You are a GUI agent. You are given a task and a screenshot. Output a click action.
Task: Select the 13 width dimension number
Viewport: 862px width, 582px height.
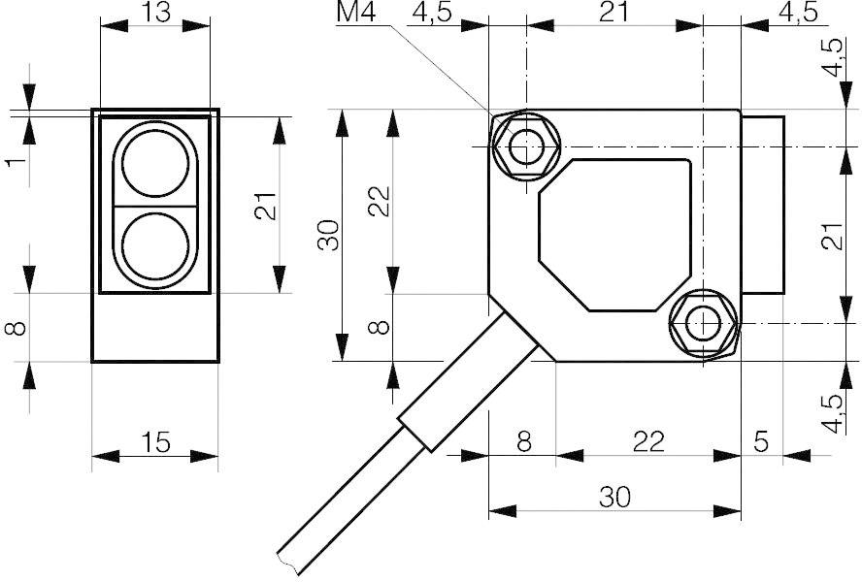tap(154, 13)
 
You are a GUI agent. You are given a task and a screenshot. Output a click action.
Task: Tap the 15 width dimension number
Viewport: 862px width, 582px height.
tap(154, 443)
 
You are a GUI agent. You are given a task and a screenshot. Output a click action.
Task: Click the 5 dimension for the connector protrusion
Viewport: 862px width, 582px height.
tap(761, 442)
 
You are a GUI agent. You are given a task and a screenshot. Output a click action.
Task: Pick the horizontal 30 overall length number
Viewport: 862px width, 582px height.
tap(614, 498)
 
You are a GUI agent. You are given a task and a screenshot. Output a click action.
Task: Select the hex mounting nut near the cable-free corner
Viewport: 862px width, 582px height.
tap(703, 323)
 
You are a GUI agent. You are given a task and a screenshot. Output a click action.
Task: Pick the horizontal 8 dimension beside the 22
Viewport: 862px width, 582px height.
tap(524, 442)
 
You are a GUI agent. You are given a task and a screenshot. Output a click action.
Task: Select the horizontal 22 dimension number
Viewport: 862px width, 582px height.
tap(647, 442)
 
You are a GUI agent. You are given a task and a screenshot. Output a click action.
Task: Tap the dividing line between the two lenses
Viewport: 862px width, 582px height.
tap(154, 205)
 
